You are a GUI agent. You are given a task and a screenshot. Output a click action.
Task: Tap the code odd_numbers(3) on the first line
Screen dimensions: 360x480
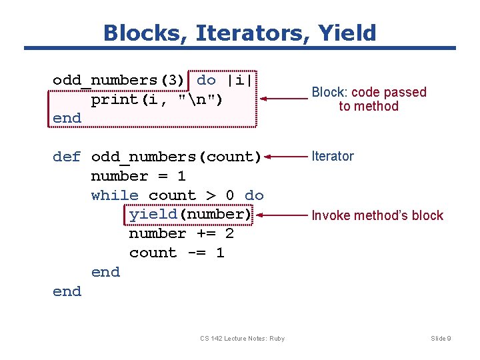click(119, 80)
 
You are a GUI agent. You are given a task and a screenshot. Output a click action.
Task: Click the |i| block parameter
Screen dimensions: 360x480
click(238, 80)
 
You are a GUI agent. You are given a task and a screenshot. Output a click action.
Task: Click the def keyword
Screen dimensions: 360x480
click(67, 157)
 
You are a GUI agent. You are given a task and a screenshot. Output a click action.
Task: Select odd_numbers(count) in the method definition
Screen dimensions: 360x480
click(176, 157)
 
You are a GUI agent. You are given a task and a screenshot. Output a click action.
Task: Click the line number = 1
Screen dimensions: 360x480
click(138, 177)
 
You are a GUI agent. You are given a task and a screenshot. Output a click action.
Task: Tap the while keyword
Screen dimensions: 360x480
click(115, 195)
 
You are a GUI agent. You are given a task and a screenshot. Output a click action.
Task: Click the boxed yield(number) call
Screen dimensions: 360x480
click(189, 215)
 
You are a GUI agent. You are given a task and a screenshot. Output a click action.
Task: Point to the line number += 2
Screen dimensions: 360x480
click(181, 234)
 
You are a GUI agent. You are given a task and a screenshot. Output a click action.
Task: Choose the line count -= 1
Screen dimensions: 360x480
click(177, 253)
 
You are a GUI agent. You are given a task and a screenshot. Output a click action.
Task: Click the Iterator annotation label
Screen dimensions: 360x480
click(333, 156)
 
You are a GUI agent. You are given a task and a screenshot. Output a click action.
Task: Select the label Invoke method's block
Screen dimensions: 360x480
click(377, 215)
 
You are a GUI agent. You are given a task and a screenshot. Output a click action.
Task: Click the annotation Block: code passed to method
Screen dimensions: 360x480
click(369, 99)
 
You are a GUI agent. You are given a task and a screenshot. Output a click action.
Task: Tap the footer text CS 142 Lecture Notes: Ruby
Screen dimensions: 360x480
click(242, 339)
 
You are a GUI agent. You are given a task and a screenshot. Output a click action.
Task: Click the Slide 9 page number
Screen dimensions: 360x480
click(441, 339)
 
